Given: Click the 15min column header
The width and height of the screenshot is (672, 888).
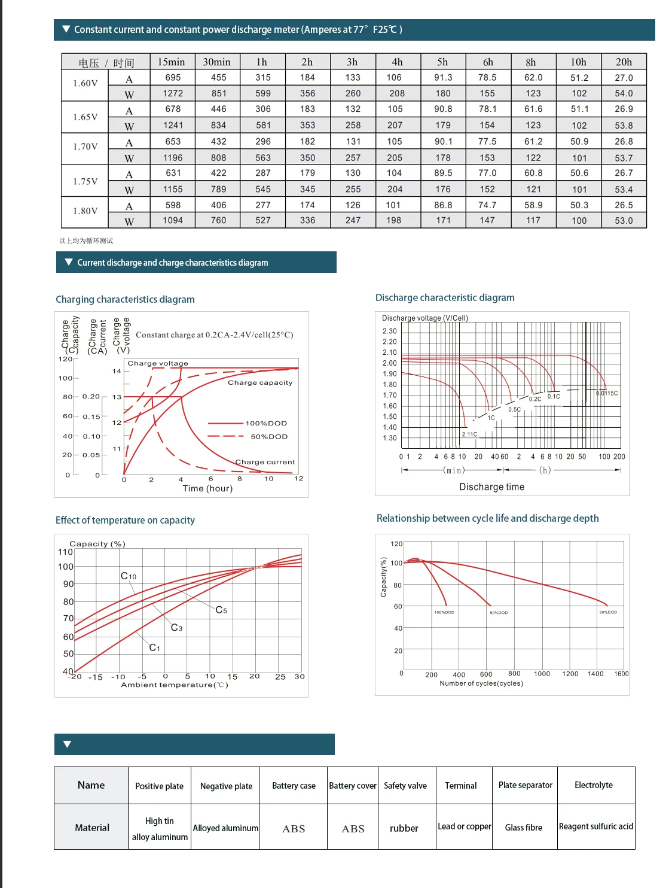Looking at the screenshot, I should (x=171, y=62).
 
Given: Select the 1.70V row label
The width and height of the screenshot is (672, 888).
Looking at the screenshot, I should (x=85, y=146).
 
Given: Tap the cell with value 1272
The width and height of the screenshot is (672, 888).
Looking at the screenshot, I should (x=173, y=93).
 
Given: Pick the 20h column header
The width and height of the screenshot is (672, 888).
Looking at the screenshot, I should (x=624, y=62).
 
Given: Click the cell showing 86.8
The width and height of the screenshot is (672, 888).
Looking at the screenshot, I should (x=443, y=205).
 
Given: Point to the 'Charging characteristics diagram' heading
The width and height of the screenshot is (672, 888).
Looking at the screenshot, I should (x=125, y=299).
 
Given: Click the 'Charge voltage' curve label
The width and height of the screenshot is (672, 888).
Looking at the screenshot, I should (x=158, y=363).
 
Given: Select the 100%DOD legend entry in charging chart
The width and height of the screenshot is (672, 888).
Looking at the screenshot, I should (x=266, y=423).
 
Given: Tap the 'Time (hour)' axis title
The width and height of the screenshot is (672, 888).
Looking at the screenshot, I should (x=207, y=488).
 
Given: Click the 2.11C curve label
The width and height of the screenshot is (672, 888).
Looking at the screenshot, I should (x=469, y=434).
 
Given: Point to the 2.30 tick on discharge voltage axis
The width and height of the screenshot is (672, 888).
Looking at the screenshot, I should (x=389, y=331).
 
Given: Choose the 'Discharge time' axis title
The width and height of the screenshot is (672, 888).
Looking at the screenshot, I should (x=491, y=487).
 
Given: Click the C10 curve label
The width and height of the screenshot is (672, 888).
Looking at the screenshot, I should (x=129, y=576).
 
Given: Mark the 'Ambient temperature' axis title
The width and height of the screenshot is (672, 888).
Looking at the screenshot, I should (x=175, y=685).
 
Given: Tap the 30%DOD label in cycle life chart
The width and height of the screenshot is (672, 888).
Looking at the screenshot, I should (x=608, y=612).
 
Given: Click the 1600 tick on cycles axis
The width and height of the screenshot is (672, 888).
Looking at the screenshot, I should (x=621, y=674).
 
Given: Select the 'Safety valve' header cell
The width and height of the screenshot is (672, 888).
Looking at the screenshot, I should (x=405, y=786).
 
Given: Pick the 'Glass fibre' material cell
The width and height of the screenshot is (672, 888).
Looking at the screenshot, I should (x=524, y=828).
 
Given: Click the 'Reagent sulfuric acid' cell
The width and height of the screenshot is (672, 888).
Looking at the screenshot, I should (x=596, y=826).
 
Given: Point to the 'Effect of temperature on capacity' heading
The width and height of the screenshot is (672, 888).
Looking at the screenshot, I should (x=125, y=520).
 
